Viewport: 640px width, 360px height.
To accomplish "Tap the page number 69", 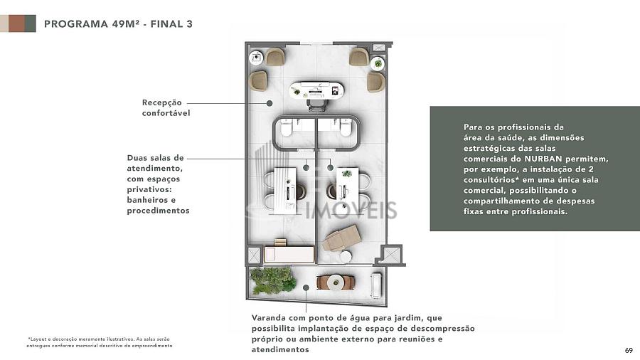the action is [629, 350].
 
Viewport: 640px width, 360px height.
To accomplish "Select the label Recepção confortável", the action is [166, 107].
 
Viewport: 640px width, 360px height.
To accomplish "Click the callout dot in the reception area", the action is [270, 103].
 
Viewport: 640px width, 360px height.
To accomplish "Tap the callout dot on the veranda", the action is [306, 287].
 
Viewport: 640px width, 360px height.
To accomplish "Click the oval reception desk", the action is [316, 90].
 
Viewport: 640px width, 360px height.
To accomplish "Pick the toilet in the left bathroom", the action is [286, 127].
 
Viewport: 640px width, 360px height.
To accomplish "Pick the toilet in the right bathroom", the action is [346, 127].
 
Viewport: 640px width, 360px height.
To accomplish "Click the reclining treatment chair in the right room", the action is [341, 237].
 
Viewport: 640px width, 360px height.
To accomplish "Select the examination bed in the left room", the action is [289, 254].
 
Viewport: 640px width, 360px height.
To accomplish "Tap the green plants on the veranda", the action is [273, 280].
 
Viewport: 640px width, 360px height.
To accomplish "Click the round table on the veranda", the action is [336, 281].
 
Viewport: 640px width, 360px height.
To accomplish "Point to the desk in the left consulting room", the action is [285, 191].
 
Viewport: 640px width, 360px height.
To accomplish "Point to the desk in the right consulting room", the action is [347, 191].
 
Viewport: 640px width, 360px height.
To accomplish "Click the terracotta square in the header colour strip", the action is [17, 23].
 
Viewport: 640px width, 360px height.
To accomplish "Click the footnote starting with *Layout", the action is [100, 342].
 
